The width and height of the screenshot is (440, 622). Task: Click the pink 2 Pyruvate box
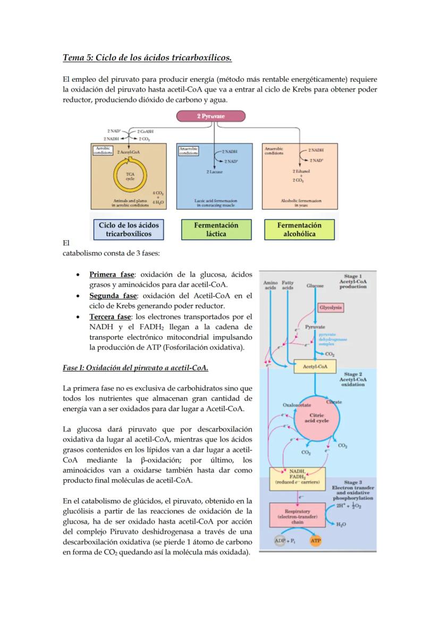click(211, 116)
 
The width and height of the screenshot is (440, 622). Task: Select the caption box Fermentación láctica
click(216, 229)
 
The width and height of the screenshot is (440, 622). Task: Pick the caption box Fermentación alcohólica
click(299, 229)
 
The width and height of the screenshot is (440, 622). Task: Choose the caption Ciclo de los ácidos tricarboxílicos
click(129, 229)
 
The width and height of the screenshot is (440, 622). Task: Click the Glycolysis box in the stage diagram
click(331, 308)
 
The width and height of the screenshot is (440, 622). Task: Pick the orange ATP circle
click(315, 541)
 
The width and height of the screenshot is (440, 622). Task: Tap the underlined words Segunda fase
click(113, 296)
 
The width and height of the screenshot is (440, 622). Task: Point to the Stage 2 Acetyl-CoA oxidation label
click(353, 379)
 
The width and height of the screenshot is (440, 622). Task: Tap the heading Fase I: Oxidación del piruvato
click(136, 368)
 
